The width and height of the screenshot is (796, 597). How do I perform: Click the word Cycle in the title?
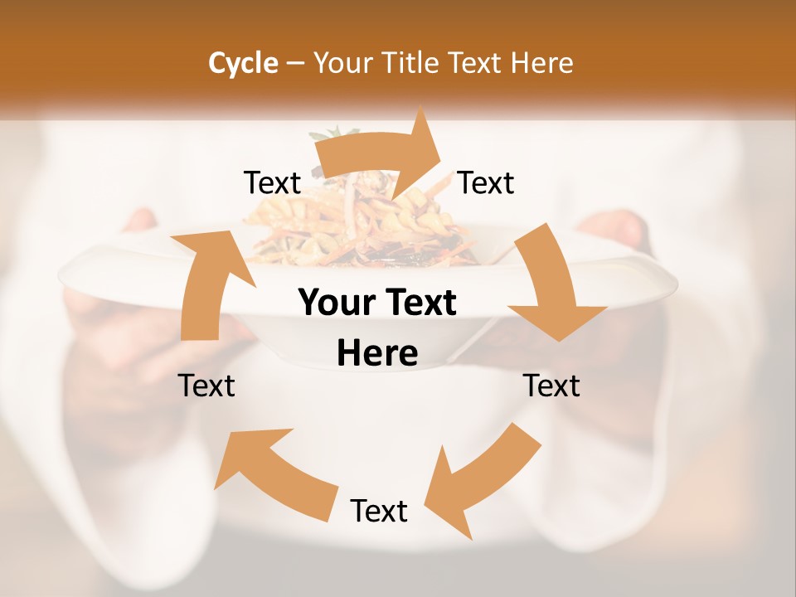pyautogui.click(x=243, y=63)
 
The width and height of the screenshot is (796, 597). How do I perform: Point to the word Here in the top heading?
pyautogui.click(x=542, y=63)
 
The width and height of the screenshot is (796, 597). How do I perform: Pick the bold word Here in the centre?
pyautogui.click(x=377, y=354)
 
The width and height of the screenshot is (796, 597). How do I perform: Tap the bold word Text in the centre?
pyautogui.click(x=418, y=303)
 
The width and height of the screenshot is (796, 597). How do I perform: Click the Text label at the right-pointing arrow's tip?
pyautogui.click(x=486, y=182)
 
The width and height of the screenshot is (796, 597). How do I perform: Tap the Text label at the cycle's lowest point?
pyautogui.click(x=379, y=511)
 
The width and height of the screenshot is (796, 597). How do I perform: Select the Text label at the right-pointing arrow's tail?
pyautogui.click(x=272, y=182)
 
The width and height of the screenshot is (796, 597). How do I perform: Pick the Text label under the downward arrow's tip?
pyautogui.click(x=551, y=386)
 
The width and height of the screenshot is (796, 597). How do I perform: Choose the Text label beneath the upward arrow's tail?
pyautogui.click(x=206, y=386)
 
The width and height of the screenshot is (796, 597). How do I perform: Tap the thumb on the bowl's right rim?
pyautogui.click(x=614, y=228)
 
